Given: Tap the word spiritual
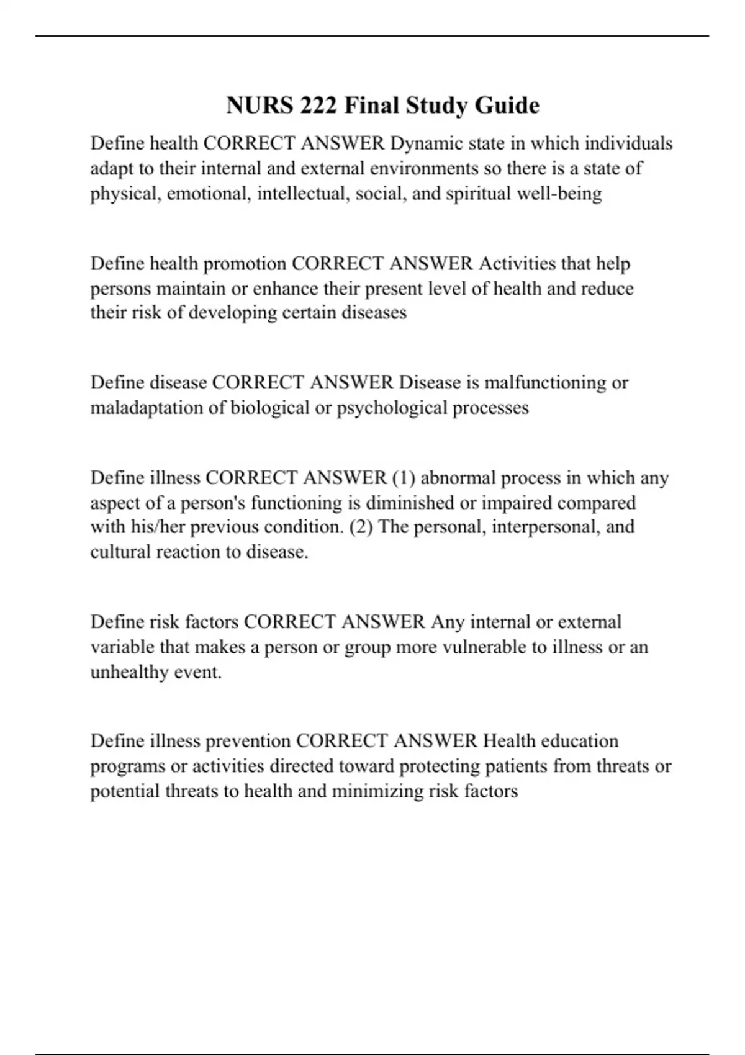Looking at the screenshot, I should point(479,194).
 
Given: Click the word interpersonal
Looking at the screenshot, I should point(537,527).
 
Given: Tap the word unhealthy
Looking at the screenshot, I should point(129,672).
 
